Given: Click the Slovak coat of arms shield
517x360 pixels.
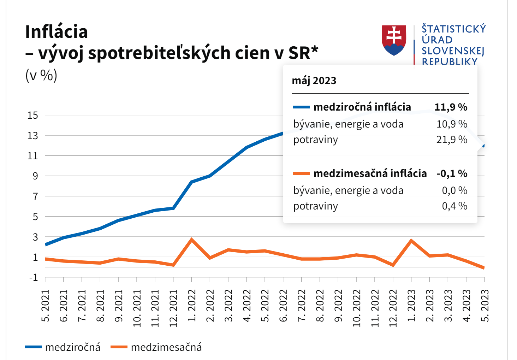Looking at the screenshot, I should (x=394, y=40).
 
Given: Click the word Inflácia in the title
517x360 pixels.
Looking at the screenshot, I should (x=57, y=32).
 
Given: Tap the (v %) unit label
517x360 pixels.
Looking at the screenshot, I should (x=41, y=75).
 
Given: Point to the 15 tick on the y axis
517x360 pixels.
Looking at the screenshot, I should (x=32, y=115).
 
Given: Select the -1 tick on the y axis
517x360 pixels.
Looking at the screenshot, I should (x=33, y=278).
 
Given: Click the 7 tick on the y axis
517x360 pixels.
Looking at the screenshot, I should (x=35, y=196).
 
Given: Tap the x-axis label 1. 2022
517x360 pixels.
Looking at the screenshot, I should (x=192, y=306).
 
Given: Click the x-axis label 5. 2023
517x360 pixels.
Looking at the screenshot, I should (x=485, y=306).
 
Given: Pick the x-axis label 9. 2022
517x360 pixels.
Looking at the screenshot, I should (x=338, y=306).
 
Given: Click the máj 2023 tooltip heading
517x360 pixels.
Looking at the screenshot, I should (x=314, y=81).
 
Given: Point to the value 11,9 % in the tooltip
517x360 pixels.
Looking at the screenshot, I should (x=451, y=107).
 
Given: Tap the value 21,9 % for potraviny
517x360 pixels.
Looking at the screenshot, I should (x=452, y=140).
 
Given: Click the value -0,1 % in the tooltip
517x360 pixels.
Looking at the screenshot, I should (x=452, y=173).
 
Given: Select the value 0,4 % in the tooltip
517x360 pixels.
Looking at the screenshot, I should (x=454, y=206).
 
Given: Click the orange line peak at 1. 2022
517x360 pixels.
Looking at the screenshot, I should (x=191, y=240).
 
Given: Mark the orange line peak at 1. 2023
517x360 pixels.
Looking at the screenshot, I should (x=411, y=241).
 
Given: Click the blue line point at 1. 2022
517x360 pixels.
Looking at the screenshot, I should (x=191, y=182).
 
